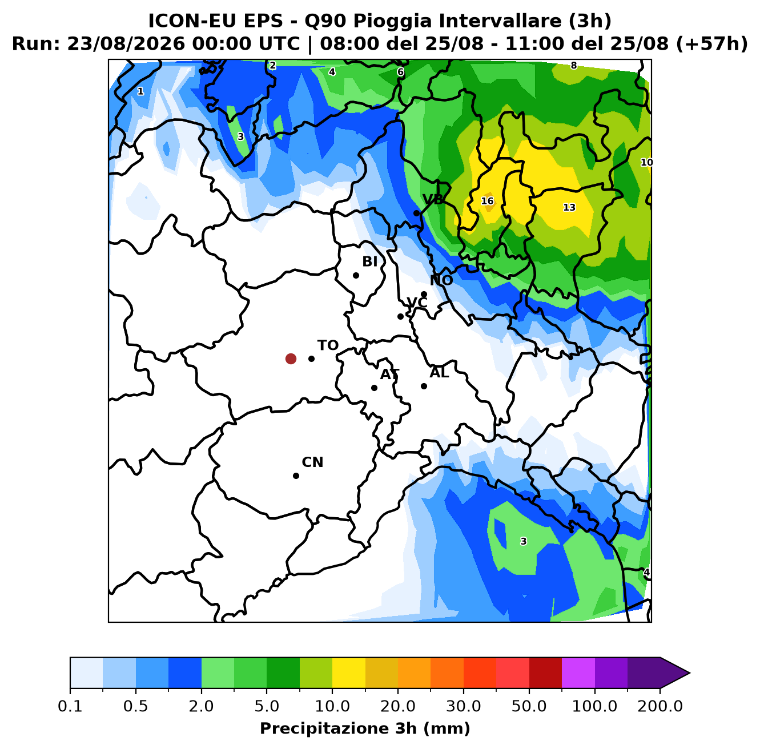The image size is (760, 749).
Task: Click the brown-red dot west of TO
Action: [291, 359]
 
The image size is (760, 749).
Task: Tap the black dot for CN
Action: [296, 476]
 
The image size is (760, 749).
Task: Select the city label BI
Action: [369, 261]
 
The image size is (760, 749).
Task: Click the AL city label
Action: [439, 372]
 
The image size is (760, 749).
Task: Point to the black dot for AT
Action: [374, 388]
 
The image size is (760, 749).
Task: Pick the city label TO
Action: [328, 345]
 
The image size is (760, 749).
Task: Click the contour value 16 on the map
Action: [487, 201]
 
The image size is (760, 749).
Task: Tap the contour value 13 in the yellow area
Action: [569, 207]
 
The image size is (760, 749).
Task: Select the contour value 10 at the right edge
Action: [646, 163]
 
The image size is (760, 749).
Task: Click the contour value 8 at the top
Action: [574, 66]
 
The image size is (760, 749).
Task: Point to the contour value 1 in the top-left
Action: [140, 91]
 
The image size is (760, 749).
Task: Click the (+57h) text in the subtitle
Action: [711, 44]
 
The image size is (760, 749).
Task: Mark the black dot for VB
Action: [416, 214]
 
